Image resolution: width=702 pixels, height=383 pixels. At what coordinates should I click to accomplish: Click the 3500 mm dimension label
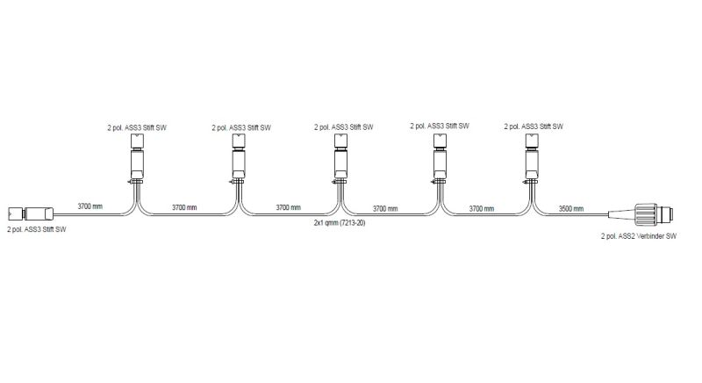[x=571, y=209]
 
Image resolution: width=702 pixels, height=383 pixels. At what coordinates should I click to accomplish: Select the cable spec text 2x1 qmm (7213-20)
[x=340, y=222]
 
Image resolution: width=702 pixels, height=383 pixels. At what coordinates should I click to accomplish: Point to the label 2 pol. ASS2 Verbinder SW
[x=639, y=236]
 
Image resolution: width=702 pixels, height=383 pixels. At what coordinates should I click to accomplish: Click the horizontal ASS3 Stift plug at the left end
[x=31, y=213]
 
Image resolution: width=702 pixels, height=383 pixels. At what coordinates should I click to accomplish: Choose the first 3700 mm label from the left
[x=90, y=206]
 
